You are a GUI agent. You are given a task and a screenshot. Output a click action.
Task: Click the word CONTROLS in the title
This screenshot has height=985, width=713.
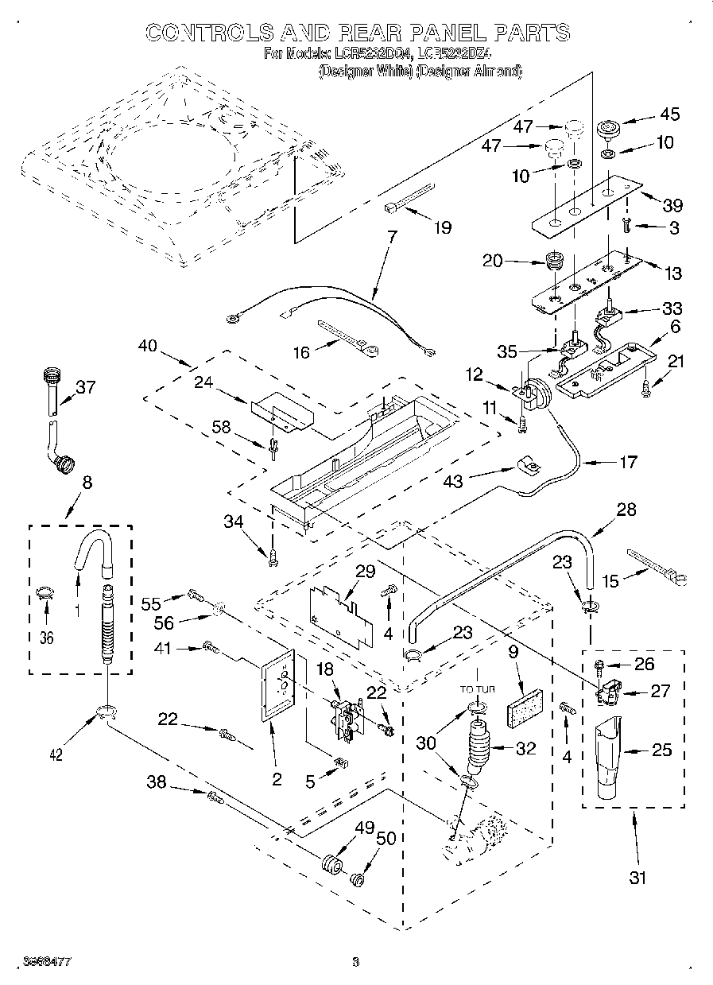point(208,33)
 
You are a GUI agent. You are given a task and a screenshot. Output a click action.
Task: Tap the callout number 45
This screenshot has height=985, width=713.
point(669,114)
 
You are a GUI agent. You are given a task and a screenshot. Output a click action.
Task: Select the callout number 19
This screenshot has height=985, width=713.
point(441,228)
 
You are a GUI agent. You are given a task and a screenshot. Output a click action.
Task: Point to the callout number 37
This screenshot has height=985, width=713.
point(85,386)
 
